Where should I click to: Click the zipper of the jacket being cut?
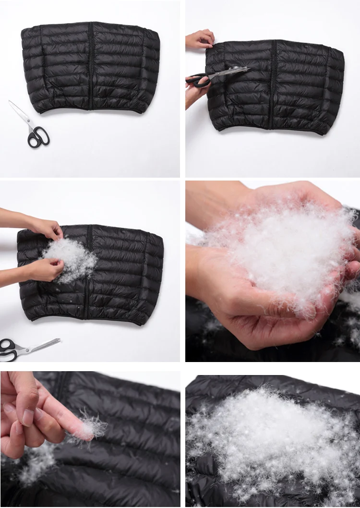273,84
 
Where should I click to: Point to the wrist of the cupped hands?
211,202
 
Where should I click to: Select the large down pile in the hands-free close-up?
269,432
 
